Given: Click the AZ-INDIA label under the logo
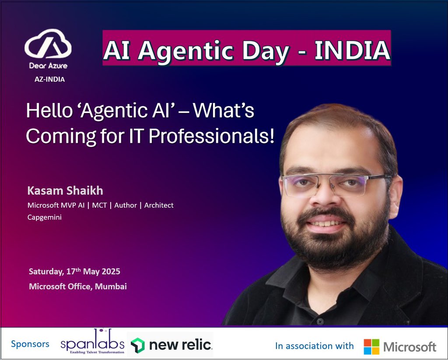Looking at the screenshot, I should click(49, 79).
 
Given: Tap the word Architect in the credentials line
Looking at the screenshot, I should click(159, 205).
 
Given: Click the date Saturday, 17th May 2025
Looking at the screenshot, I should click(74, 272).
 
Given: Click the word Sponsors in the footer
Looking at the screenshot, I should click(30, 344).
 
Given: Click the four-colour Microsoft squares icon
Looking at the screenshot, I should click(371, 346).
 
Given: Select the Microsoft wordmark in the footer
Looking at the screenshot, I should click(409, 347).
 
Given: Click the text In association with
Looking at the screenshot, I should click(314, 346).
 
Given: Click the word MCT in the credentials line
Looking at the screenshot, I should click(101, 205).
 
